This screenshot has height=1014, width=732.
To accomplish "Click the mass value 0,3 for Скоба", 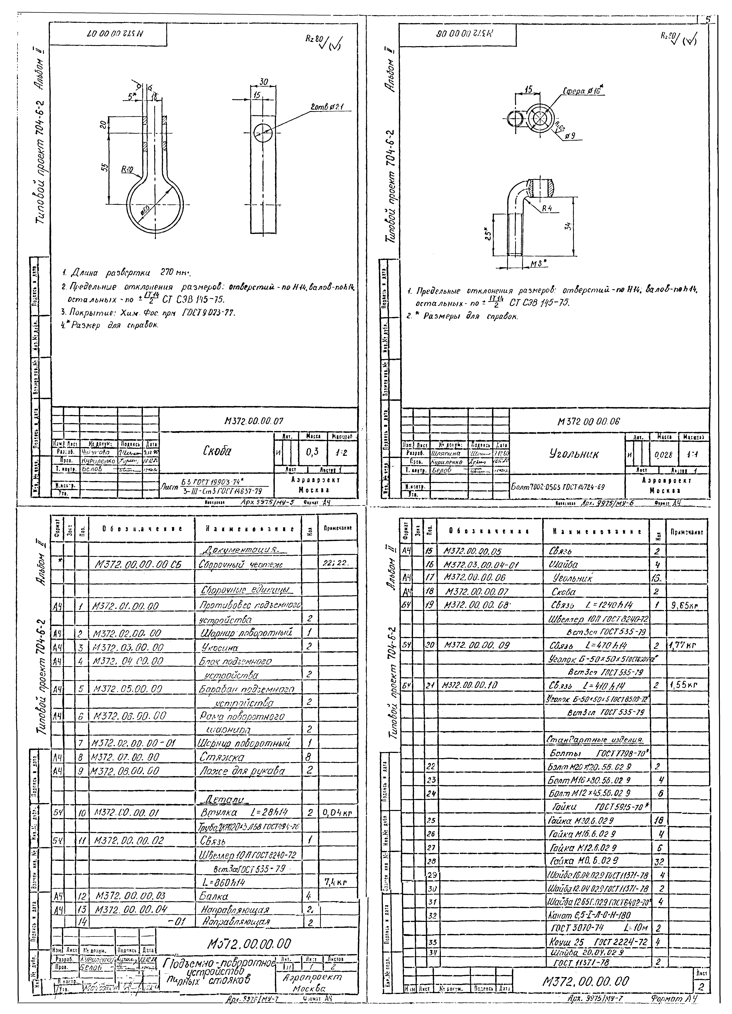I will (312, 452).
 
